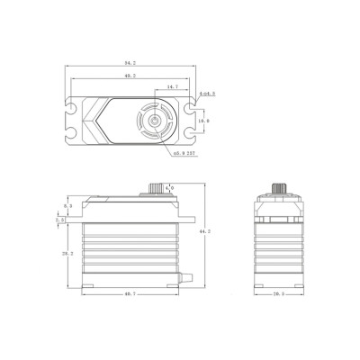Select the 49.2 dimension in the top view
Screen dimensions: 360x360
pos(130,77)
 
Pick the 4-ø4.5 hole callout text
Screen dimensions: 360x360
pos(205,93)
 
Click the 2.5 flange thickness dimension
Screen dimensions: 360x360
pos(59,219)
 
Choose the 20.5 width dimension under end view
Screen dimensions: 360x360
pos(277,294)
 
